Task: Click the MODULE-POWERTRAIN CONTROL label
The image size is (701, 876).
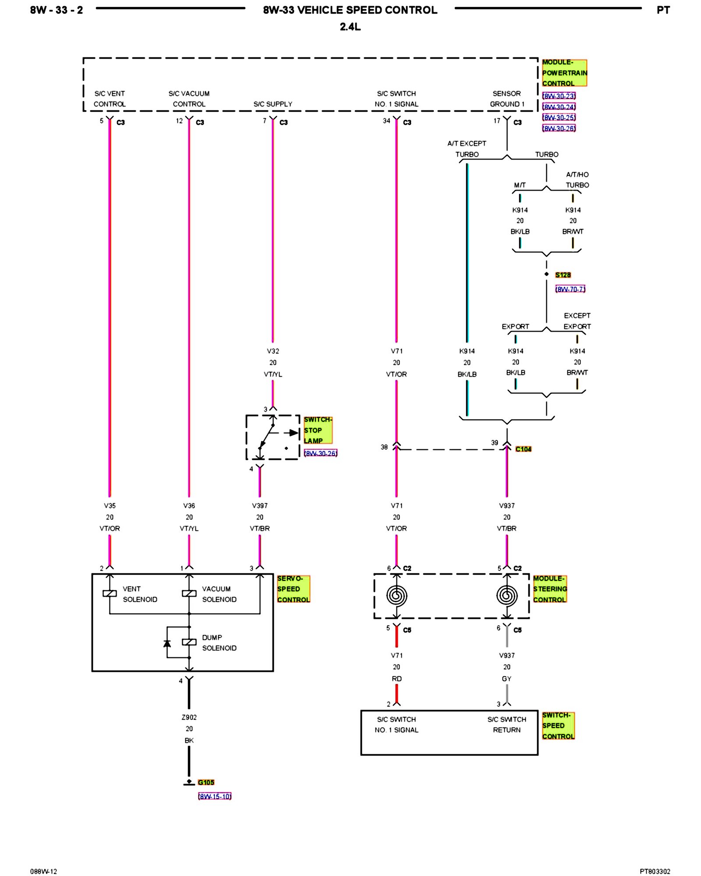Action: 564,73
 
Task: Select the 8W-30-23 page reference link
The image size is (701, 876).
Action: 559,96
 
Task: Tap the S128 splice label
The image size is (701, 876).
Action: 563,275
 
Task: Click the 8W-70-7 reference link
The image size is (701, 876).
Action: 570,289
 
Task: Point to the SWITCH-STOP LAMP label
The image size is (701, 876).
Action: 318,430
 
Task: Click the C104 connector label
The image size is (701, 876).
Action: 524,449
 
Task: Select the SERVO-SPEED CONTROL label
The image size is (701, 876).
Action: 294,589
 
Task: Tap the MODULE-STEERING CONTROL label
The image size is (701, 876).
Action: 550,589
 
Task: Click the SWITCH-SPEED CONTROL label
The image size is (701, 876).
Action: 558,726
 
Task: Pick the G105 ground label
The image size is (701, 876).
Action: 206,782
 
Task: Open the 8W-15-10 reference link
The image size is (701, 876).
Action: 215,796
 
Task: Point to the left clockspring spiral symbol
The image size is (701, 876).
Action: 397,596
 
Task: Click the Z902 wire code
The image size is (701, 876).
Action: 189,717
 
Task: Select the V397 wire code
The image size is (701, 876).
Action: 260,506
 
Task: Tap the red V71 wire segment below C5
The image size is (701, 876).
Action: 397,636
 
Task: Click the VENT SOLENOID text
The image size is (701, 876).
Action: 140,594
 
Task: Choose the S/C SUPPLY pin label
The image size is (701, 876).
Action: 273,104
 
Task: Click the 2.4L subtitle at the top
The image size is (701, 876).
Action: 350,27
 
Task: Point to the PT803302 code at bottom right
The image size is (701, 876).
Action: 655,872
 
